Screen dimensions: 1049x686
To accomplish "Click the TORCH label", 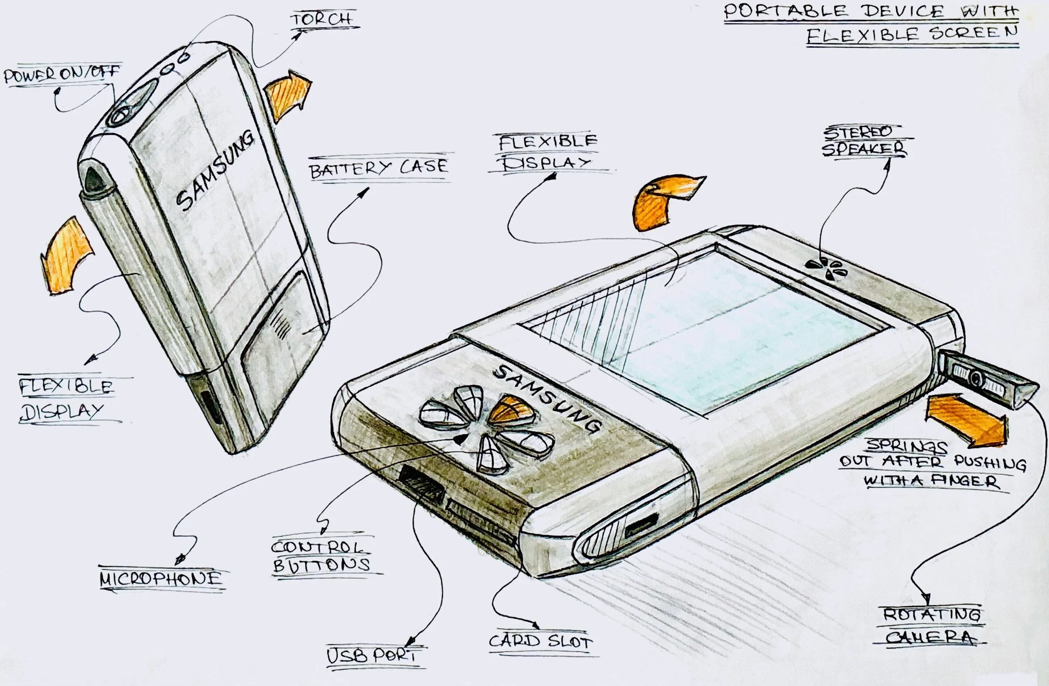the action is [321, 19].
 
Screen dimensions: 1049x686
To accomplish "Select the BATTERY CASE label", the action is [378, 168].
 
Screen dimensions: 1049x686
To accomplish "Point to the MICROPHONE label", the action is [161, 579].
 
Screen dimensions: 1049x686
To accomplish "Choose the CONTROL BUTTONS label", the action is [321, 556].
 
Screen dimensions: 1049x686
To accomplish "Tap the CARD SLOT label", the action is [541, 641].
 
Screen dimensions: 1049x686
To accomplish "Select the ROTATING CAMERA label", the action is [932, 626].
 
